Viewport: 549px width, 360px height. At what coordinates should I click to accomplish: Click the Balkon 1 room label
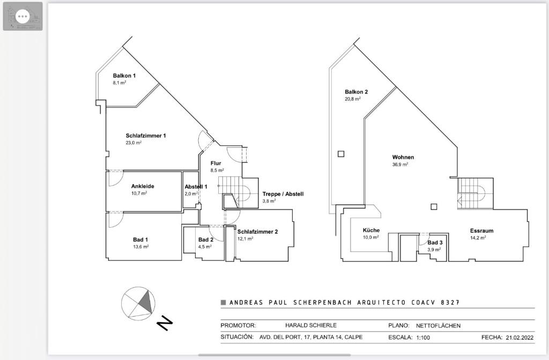point(124,76)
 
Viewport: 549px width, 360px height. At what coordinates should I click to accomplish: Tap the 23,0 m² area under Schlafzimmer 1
point(133,142)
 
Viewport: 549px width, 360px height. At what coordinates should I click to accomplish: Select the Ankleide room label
point(143,186)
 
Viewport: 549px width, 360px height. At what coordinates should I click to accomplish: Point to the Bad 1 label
point(140,239)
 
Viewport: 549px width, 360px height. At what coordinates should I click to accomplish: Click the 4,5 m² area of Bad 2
point(205,246)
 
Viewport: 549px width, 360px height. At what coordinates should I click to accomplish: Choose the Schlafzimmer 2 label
point(257,231)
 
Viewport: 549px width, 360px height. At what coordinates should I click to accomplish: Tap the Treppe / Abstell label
point(283,194)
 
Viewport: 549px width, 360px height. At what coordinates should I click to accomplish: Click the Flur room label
point(216,163)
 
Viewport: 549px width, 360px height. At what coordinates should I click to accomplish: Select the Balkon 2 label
point(356,92)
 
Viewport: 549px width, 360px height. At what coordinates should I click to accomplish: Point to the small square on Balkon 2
point(341,154)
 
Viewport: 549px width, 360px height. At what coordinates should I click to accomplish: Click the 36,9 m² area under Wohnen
point(400,164)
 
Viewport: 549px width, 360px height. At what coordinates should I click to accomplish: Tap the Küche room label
point(371,230)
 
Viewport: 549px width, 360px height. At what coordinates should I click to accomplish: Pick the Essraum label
point(482,231)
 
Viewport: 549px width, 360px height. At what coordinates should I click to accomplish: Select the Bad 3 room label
point(435,243)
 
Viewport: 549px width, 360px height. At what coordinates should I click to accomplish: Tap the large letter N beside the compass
point(165,323)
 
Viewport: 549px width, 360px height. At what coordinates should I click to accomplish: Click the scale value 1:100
point(423,337)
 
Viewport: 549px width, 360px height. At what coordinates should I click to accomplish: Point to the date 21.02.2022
point(520,337)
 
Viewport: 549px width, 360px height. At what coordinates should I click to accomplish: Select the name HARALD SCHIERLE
point(311,325)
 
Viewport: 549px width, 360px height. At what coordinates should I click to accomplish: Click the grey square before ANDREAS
point(223,303)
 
